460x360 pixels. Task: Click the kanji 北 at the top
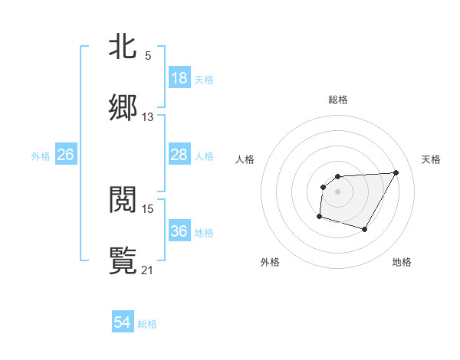click(x=123, y=47)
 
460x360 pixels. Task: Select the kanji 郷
click(x=123, y=108)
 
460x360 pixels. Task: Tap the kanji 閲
click(x=123, y=200)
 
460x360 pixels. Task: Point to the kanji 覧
click(x=123, y=261)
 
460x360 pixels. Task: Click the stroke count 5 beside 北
click(x=148, y=56)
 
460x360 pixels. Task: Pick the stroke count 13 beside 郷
click(x=148, y=117)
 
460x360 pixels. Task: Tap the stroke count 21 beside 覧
click(x=148, y=270)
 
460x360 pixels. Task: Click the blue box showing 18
click(x=179, y=78)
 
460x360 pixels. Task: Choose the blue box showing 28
click(x=179, y=155)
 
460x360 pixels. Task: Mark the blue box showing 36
click(x=179, y=231)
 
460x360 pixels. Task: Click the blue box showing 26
click(x=66, y=155)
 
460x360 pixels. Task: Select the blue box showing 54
click(x=123, y=323)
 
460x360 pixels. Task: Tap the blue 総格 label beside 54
click(x=147, y=324)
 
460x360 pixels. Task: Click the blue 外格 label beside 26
click(x=41, y=155)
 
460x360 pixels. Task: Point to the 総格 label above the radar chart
click(x=338, y=100)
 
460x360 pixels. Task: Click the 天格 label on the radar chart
click(x=432, y=159)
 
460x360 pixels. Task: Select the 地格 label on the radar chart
click(x=402, y=262)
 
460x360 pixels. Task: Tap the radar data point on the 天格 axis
click(x=396, y=172)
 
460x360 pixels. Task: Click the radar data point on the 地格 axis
click(x=365, y=229)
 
